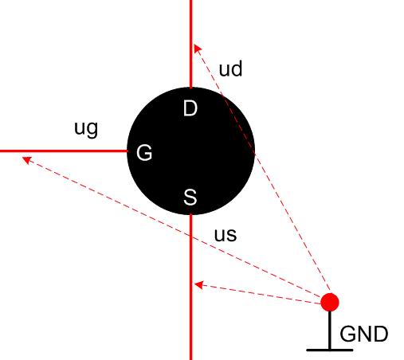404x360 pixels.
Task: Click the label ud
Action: pyautogui.click(x=230, y=68)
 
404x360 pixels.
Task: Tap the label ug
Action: pyautogui.click(x=86, y=129)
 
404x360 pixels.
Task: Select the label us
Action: pyautogui.click(x=226, y=235)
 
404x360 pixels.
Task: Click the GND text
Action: pyautogui.click(x=364, y=334)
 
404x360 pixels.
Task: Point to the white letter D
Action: pyautogui.click(x=190, y=108)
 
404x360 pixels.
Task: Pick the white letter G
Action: pyautogui.click(x=144, y=153)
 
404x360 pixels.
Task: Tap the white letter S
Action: pyautogui.click(x=190, y=197)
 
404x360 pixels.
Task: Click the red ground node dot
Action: pyautogui.click(x=330, y=302)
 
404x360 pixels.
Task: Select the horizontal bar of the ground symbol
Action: pyautogui.click(x=330, y=350)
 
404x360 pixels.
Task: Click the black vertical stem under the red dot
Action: pyautogui.click(x=330, y=330)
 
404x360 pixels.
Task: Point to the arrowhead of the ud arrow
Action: pyautogui.click(x=198, y=49)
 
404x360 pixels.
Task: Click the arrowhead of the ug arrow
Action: pyautogui.click(x=27, y=160)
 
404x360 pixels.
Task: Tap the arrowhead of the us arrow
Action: pyautogui.click(x=198, y=285)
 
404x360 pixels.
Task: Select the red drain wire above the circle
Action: pyautogui.click(x=190, y=44)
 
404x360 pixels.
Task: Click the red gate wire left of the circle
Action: pyautogui.click(x=64, y=151)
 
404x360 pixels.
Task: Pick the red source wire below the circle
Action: pyautogui.click(x=190, y=287)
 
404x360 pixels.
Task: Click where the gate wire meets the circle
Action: pyautogui.click(x=127, y=151)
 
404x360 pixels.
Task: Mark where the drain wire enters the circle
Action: pyautogui.click(x=190, y=88)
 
